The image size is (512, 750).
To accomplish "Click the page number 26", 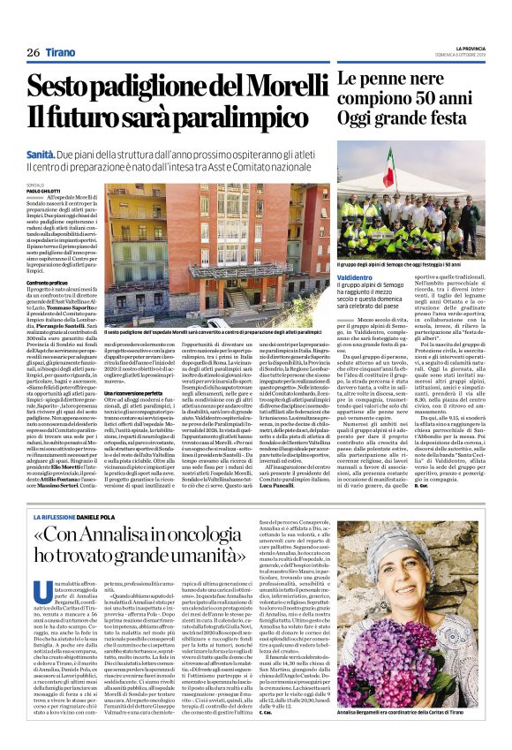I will pos(33,53).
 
